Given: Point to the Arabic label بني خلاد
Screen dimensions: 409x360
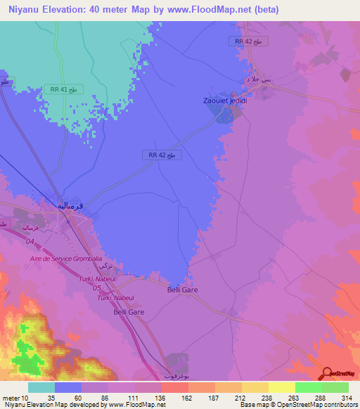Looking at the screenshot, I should coord(257,80).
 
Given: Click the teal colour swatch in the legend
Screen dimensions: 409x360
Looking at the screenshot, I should coord(41,387).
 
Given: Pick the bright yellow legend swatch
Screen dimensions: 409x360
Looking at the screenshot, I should coord(281,387).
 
